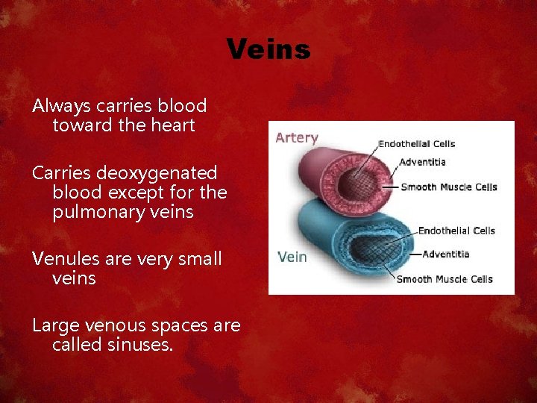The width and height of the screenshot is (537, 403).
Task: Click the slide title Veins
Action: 268,50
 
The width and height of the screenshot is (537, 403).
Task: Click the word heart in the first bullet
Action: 174,125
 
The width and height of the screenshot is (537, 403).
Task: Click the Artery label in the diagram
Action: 296,138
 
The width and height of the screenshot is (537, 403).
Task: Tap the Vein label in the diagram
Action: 292,257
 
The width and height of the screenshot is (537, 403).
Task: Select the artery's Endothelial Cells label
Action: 416,144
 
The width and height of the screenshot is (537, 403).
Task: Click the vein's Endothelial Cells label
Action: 456,231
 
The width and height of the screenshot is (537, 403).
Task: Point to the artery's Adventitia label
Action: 422,162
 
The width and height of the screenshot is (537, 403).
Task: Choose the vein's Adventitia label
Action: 445,254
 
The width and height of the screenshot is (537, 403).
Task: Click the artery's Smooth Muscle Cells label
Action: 448,187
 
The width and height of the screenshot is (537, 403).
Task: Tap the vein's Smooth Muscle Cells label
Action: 444,279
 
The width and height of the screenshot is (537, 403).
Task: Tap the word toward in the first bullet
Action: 83,125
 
